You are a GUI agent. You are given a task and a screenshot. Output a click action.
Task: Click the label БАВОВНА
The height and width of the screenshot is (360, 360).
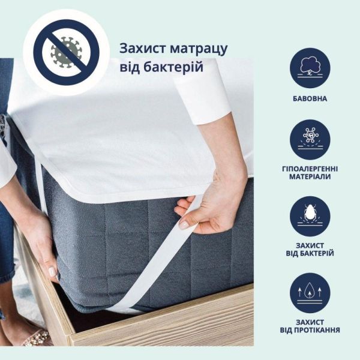click(x=310, y=98)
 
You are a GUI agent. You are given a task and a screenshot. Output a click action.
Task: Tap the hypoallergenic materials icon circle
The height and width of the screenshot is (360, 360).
click(x=310, y=139)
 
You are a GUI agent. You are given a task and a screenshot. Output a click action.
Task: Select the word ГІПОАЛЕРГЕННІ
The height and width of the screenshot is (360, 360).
click(x=310, y=169)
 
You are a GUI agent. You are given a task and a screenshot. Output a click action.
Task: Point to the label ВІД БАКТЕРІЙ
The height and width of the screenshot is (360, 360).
click(x=310, y=254)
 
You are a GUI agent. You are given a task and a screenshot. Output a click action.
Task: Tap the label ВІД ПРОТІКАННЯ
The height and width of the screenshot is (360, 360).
click(x=310, y=330)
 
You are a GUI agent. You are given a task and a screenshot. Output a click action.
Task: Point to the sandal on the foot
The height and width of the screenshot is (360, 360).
click(x=36, y=338)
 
